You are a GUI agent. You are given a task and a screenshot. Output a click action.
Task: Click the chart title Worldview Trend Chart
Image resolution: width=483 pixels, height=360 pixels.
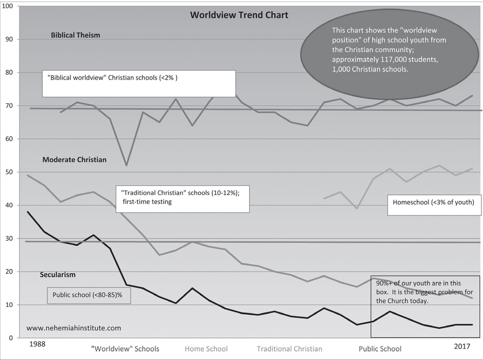(239, 15)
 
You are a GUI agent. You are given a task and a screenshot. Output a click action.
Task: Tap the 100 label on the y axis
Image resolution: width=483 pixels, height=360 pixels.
(7, 6)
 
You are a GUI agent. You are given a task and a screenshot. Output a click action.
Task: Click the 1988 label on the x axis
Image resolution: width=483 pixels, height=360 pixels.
(37, 344)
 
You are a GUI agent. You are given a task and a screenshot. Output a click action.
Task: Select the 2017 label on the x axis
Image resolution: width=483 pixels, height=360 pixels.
(462, 346)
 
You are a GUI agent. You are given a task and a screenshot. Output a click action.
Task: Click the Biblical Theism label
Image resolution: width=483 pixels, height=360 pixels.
(75, 35)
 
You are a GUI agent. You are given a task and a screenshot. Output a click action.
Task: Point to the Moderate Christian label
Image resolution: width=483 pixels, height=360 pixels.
(75, 160)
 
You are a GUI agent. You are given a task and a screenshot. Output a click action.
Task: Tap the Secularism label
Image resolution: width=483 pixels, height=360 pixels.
(58, 275)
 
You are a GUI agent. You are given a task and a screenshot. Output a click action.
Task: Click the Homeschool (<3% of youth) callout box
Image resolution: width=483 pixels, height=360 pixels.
(434, 205)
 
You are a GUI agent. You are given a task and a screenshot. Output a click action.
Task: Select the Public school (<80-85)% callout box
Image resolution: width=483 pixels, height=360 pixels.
(89, 295)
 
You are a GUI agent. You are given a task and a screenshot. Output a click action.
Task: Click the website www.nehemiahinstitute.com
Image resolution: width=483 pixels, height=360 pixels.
(74, 328)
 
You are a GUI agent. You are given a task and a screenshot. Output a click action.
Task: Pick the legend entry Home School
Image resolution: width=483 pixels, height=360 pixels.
(206, 349)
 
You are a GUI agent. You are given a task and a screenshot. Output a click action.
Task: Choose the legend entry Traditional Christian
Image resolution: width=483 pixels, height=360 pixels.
(290, 349)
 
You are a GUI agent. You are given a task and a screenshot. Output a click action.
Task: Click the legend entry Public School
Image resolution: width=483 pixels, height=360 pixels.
(380, 349)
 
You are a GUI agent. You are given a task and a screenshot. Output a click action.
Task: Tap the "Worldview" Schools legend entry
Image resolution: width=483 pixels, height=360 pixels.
(125, 349)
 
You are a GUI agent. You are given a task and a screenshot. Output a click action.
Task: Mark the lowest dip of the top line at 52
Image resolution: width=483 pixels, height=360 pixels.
(126, 165)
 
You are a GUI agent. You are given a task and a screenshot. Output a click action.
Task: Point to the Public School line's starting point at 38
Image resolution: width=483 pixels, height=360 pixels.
(28, 212)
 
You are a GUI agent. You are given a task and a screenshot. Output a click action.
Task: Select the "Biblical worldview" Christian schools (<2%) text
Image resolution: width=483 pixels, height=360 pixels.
(112, 78)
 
